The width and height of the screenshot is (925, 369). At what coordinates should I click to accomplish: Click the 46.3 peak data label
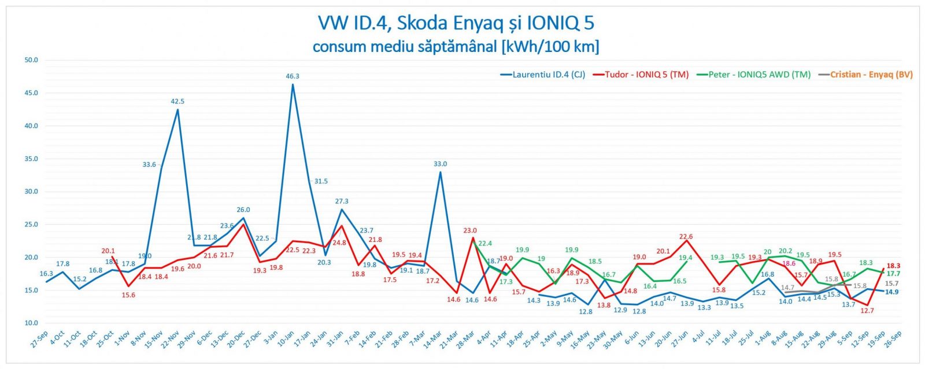[x=292, y=76]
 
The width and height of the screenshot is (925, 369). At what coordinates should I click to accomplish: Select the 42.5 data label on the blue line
[x=177, y=102]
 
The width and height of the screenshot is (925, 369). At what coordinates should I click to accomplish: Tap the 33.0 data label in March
[x=440, y=164]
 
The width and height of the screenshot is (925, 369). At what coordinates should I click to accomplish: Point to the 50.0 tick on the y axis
[x=31, y=60]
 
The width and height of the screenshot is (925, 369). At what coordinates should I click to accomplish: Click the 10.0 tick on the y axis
[x=31, y=323]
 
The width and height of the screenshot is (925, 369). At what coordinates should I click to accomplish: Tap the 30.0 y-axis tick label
[x=31, y=192]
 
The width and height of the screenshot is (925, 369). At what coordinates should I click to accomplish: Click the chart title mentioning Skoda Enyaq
[x=456, y=23]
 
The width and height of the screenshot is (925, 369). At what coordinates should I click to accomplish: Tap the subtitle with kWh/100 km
[x=456, y=46]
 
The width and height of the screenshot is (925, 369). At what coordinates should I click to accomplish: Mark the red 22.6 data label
[x=686, y=237]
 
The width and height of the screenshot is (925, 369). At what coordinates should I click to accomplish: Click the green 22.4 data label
[x=485, y=244]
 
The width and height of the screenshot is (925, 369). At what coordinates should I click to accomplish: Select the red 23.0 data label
[x=470, y=231]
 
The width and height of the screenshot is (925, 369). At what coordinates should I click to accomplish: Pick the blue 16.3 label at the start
[x=46, y=274]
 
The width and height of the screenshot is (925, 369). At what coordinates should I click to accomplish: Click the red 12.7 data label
[x=867, y=311]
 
